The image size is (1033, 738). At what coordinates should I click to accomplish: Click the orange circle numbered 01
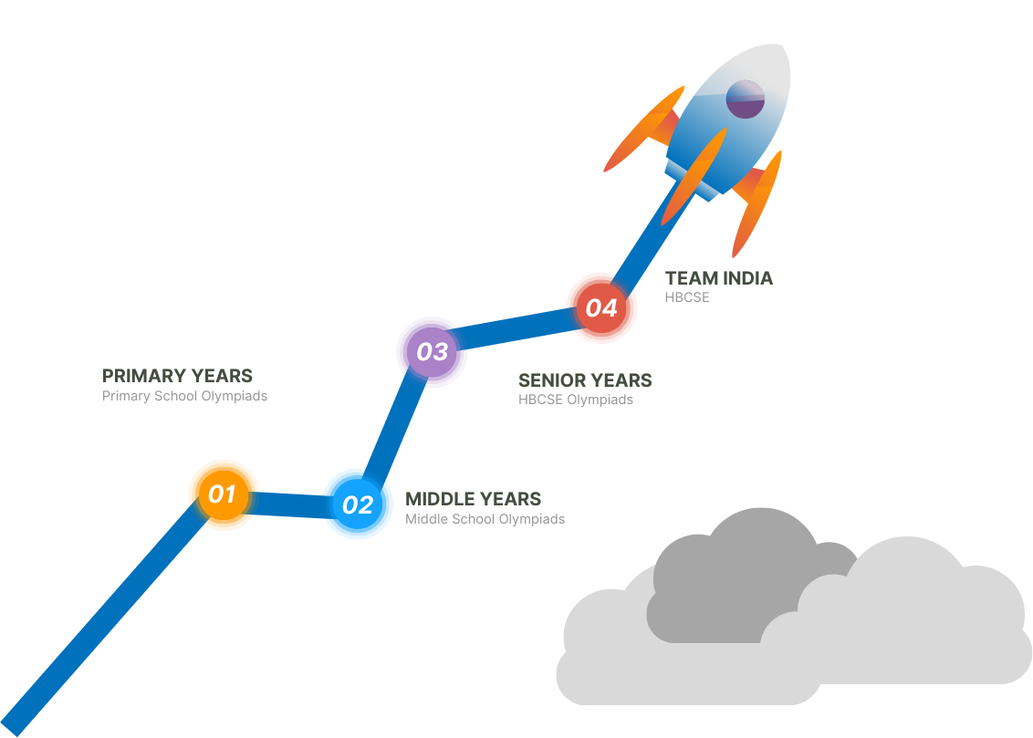pyautogui.click(x=223, y=494)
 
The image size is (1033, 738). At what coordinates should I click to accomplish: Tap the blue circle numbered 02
pyautogui.click(x=358, y=504)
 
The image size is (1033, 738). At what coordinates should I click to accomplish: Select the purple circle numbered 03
pyautogui.click(x=432, y=351)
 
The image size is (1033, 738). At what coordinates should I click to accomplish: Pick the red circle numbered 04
pyautogui.click(x=601, y=307)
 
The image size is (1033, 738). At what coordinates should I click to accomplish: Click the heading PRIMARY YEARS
pyautogui.click(x=177, y=376)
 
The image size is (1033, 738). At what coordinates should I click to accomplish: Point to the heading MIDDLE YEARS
pyautogui.click(x=473, y=499)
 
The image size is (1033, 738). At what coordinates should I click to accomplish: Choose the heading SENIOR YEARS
pyautogui.click(x=585, y=380)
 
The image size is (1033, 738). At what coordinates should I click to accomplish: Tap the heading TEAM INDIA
pyautogui.click(x=718, y=278)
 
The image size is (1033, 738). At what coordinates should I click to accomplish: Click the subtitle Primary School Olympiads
pyautogui.click(x=184, y=397)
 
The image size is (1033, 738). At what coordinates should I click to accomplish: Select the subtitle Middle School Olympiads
pyautogui.click(x=485, y=519)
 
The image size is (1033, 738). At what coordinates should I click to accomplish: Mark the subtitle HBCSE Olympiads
pyautogui.click(x=575, y=400)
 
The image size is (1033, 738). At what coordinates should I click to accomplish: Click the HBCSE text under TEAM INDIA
pyautogui.click(x=686, y=297)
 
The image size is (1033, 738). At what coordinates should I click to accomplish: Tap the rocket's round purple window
pyautogui.click(x=745, y=99)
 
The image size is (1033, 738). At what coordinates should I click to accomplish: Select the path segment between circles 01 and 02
pyautogui.click(x=289, y=504)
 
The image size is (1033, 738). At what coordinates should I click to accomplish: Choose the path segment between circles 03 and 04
pyautogui.click(x=516, y=329)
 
